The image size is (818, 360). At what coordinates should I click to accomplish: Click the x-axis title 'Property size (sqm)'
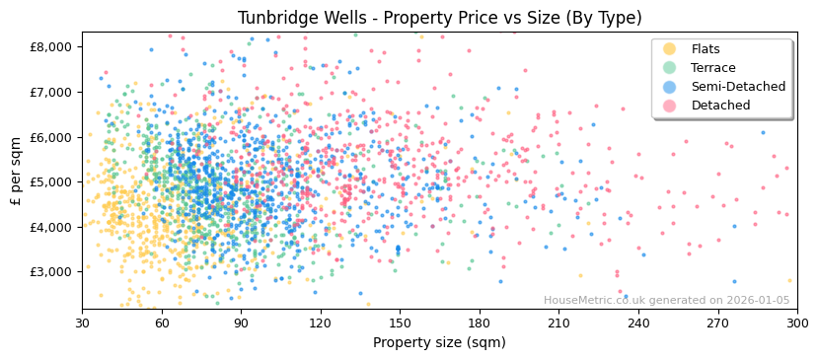pos(439,343)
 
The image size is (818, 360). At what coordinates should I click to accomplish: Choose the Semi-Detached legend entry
pos(738,87)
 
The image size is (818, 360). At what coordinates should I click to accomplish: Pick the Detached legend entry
pos(720,106)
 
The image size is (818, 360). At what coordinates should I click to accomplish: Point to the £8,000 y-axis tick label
pos(51,46)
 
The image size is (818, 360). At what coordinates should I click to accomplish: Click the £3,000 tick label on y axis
pos(51,271)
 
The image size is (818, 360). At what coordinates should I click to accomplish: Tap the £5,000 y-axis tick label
pos(51,181)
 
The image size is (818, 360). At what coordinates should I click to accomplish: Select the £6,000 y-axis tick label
pos(51,137)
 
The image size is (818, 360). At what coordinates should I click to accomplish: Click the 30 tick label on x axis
pos(82,323)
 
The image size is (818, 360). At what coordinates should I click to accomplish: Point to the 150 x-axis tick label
pos(400,323)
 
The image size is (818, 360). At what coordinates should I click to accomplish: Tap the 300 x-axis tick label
pos(797,323)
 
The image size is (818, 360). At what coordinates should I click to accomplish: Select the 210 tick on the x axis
pos(558,323)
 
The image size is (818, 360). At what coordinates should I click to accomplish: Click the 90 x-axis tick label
pos(241,323)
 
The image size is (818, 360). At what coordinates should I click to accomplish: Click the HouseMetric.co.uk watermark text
pos(666,301)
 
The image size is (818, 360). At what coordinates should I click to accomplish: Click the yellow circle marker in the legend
pos(670,49)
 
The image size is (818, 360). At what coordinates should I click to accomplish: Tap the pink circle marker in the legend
pos(670,106)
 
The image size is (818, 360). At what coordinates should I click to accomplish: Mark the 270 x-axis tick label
pos(717,323)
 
